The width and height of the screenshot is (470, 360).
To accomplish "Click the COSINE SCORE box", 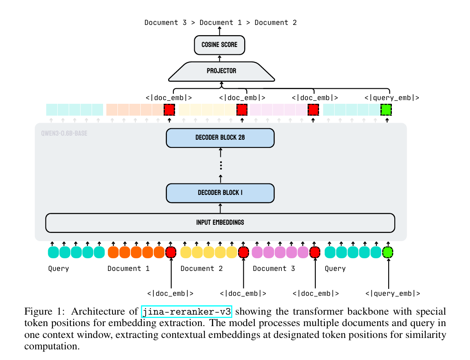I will click(219, 45).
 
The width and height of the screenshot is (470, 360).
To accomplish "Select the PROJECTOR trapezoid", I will click(221, 71).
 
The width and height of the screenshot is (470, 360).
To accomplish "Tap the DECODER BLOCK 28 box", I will click(220, 138).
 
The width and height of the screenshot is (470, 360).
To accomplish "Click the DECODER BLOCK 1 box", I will click(220, 192).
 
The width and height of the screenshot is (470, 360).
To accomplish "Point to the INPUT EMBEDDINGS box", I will click(220, 222).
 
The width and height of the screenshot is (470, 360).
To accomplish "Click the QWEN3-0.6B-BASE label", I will click(64, 133).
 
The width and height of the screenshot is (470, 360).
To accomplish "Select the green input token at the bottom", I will click(387, 253).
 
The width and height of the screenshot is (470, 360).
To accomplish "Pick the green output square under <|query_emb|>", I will click(386, 110).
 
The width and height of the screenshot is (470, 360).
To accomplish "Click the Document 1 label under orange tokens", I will click(128, 268).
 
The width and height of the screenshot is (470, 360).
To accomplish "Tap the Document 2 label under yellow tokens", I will click(202, 268).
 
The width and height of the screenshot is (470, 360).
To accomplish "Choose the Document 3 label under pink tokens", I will click(274, 268).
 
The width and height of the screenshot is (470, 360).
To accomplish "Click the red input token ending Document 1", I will click(171, 253).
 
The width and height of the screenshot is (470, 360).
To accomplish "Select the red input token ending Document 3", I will click(315, 253).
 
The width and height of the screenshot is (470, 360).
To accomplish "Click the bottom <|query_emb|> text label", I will click(393, 293).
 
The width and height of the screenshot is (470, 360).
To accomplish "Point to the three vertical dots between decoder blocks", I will click(220, 165).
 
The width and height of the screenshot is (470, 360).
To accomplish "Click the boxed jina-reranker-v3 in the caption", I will click(187, 312).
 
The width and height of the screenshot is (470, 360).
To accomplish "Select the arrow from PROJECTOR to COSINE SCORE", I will click(219, 58).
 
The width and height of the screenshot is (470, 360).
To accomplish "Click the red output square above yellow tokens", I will click(242, 110).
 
